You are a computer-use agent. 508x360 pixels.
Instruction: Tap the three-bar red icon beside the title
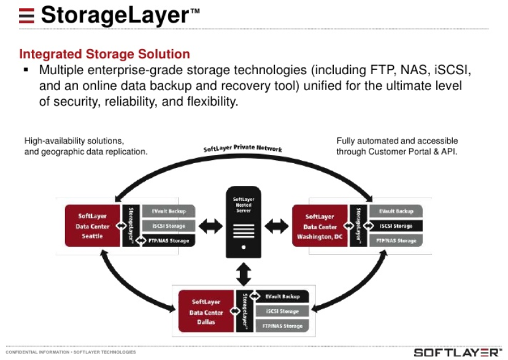[26, 15]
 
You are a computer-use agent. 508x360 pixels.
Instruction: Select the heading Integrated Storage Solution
[104, 54]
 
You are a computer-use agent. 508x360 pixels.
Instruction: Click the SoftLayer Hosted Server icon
[244, 223]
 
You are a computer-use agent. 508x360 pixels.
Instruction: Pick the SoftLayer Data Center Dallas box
[206, 311]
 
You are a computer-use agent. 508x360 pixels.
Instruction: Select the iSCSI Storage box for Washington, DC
[395, 226]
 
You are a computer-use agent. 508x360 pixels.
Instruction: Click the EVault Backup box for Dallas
[283, 296]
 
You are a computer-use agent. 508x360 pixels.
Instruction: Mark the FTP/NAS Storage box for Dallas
[283, 326]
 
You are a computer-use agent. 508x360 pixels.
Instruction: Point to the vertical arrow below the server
[244, 272]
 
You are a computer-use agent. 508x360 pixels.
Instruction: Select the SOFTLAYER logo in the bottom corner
[457, 352]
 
